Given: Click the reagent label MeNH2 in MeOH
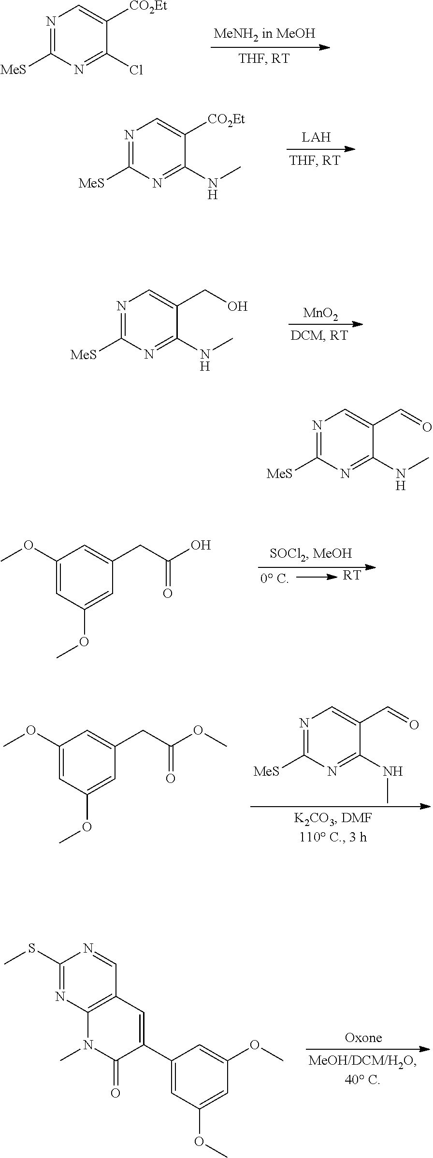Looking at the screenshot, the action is [264, 34].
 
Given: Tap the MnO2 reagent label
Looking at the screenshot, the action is [320, 313].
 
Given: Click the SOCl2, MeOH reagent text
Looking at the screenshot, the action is [311, 553].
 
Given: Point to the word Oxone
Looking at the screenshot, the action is [363, 1037].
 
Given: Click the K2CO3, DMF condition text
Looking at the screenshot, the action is [333, 818].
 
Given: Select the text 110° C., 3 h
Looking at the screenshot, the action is [333, 837].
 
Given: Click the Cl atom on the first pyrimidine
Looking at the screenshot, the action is [136, 71].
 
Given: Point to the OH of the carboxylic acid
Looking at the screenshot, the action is [201, 546].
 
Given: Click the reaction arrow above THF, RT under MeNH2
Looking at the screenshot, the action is [270, 47].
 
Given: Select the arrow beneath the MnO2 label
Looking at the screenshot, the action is [325, 324].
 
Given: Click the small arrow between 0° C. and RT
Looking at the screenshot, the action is [316, 577].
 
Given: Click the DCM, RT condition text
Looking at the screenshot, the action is [319, 335].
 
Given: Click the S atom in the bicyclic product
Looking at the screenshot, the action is [31, 948].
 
